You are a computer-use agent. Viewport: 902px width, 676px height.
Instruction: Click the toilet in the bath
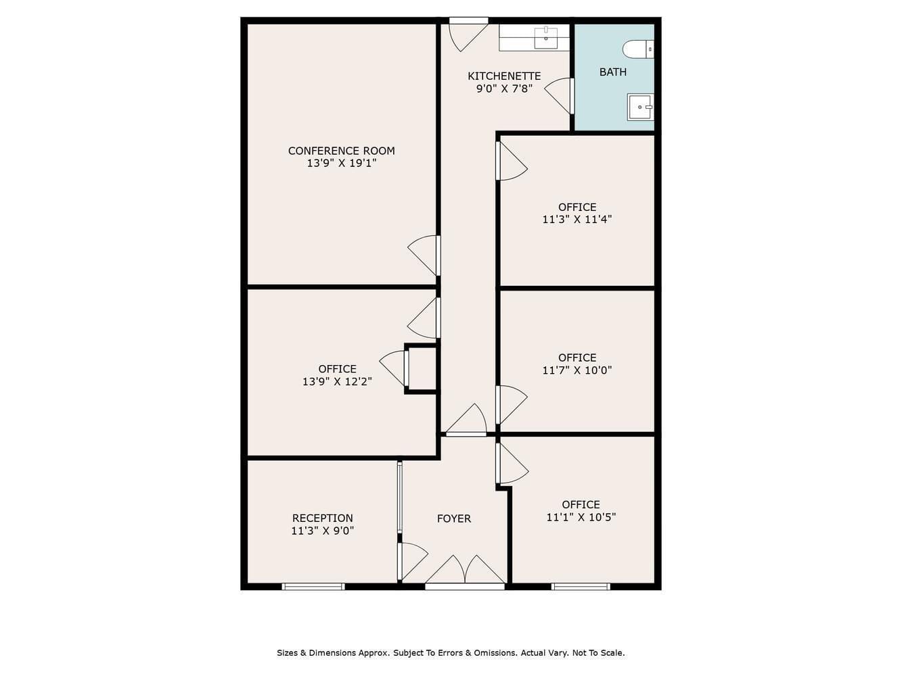[637, 49]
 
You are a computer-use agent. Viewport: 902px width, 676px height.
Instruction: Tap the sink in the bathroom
[640, 107]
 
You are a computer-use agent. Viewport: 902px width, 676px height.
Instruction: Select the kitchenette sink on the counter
[545, 38]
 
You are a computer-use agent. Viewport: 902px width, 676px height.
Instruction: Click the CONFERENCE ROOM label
[341, 151]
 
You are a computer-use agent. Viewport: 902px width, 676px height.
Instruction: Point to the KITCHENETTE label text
[504, 76]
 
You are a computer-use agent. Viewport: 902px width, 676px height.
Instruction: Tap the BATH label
[612, 72]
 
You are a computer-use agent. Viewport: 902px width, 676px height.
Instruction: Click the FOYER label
[453, 518]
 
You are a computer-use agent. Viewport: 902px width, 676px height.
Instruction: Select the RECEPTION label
[323, 518]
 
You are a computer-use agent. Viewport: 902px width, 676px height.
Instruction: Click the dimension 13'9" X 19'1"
[342, 164]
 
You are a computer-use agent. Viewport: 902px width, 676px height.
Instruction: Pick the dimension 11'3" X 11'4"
[577, 219]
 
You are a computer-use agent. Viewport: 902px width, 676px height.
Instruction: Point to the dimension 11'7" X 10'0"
[577, 370]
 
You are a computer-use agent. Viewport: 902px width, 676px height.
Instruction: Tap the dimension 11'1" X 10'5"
[581, 517]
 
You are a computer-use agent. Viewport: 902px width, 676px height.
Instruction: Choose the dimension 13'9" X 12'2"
[337, 382]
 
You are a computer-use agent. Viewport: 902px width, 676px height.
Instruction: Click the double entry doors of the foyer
[465, 570]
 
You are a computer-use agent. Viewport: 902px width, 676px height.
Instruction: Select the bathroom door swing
[559, 95]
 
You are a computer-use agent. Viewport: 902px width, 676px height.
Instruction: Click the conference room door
[424, 256]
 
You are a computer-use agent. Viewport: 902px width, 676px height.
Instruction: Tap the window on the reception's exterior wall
[313, 587]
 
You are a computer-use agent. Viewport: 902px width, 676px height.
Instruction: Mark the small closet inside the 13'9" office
[422, 368]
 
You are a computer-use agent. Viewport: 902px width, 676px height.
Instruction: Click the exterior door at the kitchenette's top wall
[468, 34]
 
